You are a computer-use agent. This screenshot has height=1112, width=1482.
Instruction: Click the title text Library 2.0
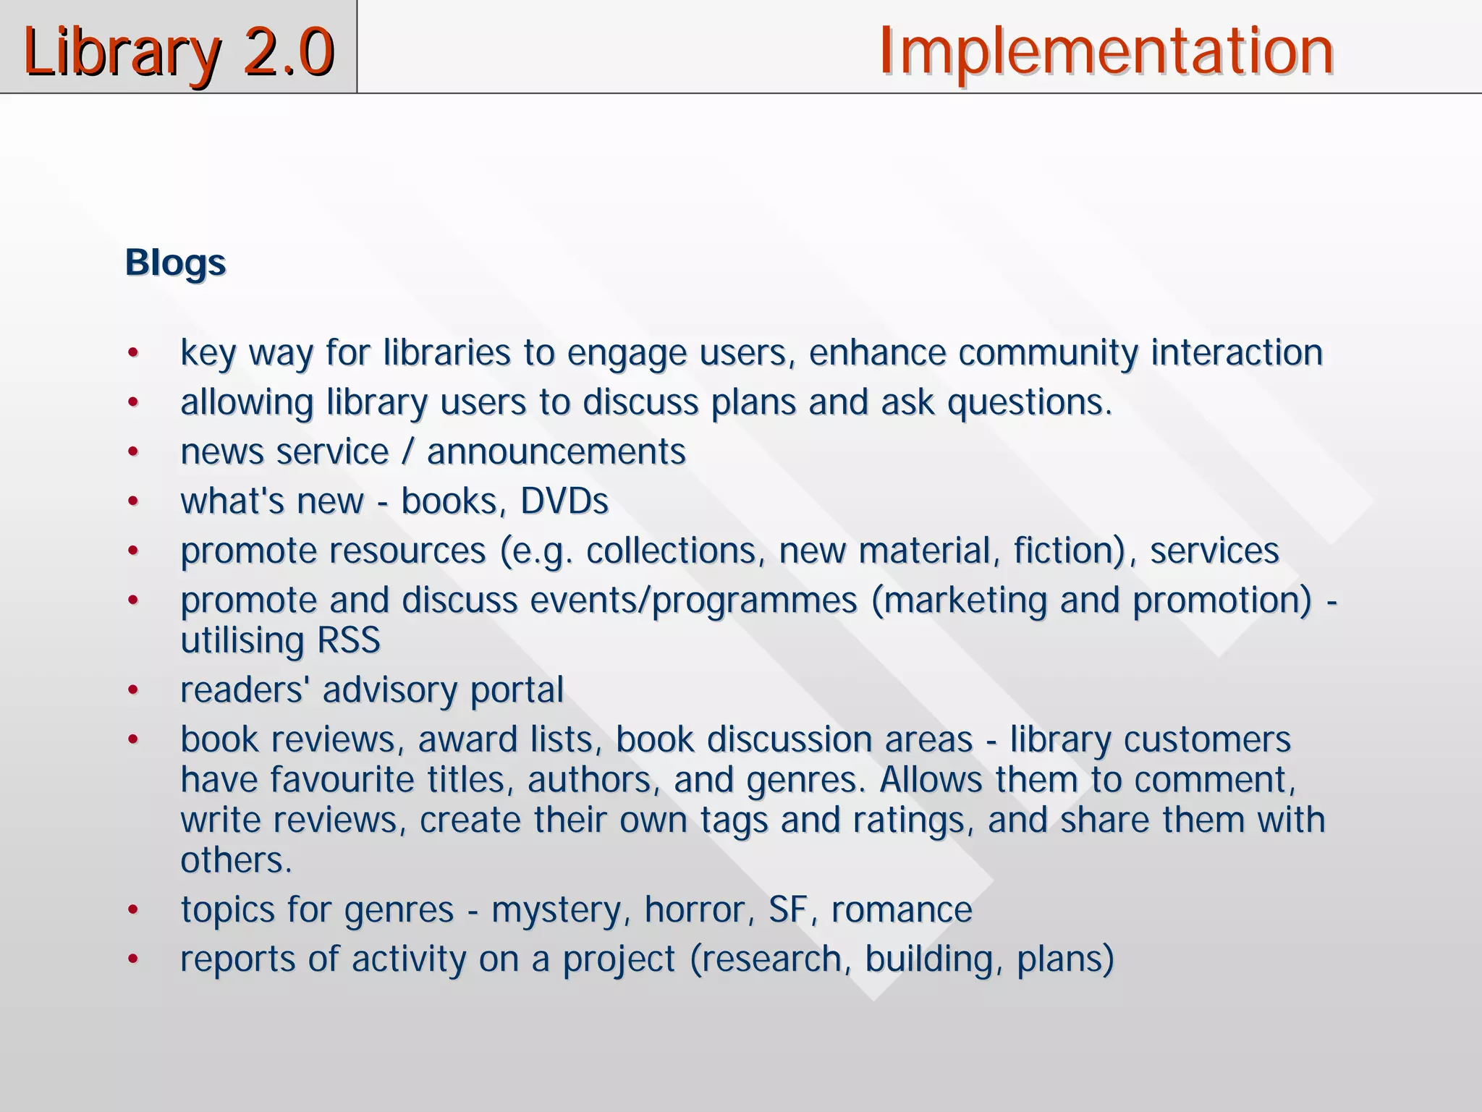pos(178,51)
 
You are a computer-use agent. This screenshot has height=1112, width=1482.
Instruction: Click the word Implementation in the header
pos(1106,51)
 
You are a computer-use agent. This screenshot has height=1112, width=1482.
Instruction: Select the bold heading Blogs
pos(175,263)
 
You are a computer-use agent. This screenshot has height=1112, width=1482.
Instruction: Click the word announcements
pos(556,452)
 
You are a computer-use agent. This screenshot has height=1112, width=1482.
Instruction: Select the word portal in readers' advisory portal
pos(517,690)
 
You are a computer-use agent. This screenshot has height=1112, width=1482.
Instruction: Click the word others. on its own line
pos(236,860)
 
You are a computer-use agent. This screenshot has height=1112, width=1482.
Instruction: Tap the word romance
pos(902,910)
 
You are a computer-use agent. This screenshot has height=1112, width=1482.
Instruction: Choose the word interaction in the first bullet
pos(1237,353)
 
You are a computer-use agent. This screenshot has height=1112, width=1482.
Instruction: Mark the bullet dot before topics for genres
pos(132,910)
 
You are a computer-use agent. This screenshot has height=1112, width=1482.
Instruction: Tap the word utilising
pos(242,640)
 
